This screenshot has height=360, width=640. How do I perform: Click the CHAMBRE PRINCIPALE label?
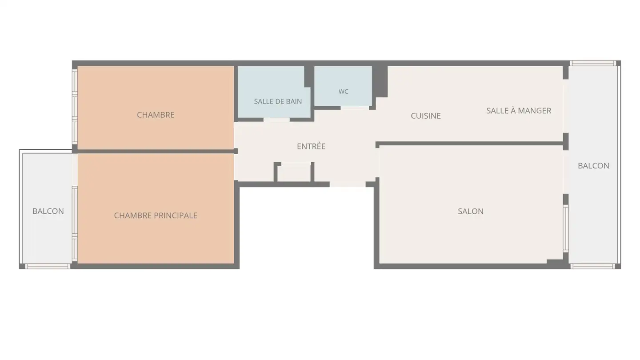click(156, 216)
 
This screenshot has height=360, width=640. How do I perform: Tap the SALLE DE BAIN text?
click(278, 101)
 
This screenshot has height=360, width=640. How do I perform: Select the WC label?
click(343, 92)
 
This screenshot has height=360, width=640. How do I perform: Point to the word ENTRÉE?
click(311, 146)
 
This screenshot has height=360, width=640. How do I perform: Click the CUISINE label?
click(426, 116)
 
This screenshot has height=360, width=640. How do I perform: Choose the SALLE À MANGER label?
click(519, 111)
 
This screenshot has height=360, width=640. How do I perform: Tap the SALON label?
click(471, 212)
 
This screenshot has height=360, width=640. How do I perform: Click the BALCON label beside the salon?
click(593, 166)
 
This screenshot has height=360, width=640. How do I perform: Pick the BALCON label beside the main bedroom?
click(48, 211)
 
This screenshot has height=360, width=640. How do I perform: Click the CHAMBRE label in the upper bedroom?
click(156, 115)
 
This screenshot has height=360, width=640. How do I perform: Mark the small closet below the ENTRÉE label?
click(294, 173)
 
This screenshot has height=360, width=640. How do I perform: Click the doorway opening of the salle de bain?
click(276, 120)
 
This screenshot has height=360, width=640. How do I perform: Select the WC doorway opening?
click(355, 108)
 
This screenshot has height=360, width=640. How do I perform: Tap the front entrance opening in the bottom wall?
click(348, 184)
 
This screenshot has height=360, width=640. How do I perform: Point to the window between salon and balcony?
click(566, 228)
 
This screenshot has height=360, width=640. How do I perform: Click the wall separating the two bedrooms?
click(156, 152)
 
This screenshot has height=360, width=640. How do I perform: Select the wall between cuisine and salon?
click(471, 144)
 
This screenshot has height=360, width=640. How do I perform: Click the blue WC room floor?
click(343, 86)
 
